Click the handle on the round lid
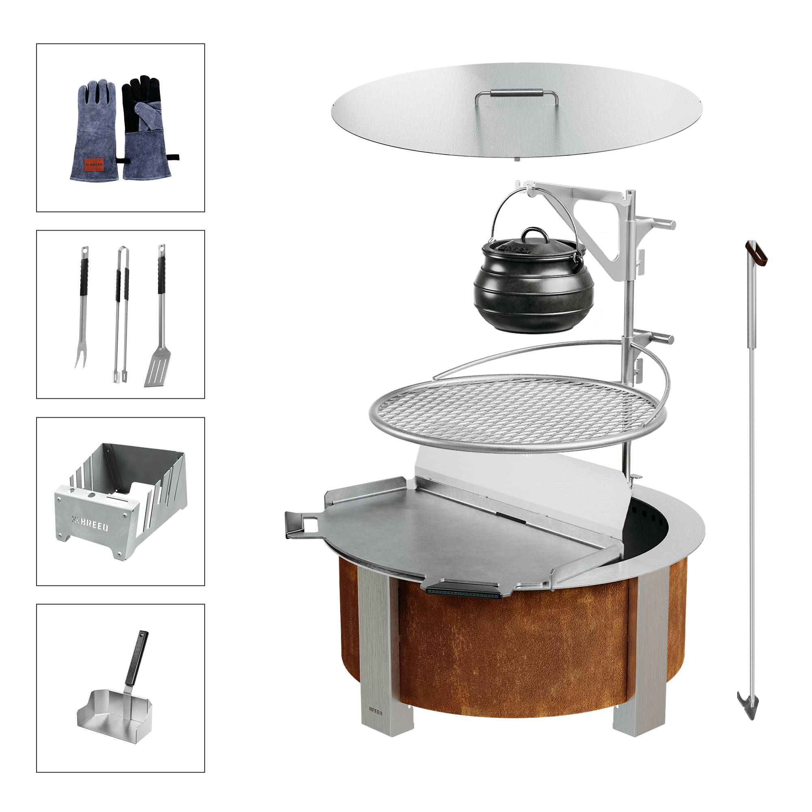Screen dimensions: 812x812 point(516,95)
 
